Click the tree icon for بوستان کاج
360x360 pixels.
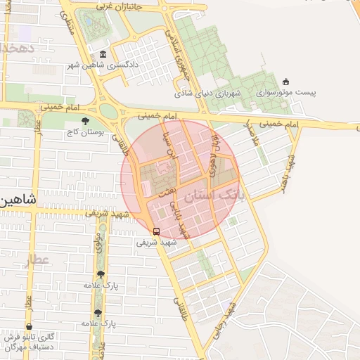tap(86, 121)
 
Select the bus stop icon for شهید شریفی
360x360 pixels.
tap(156, 231)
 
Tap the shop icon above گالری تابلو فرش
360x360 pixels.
tap(29, 327)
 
